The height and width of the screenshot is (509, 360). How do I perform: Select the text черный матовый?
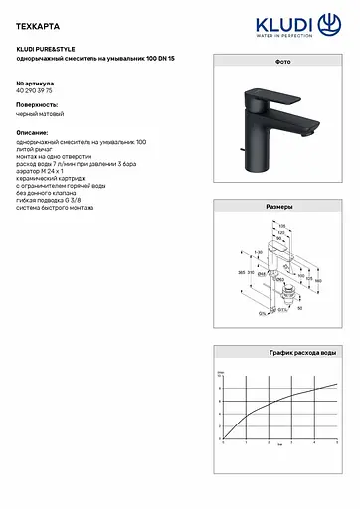point(42,117)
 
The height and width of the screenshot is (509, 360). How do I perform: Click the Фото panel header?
point(281,62)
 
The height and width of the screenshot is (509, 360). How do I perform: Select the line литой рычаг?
point(39,151)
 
